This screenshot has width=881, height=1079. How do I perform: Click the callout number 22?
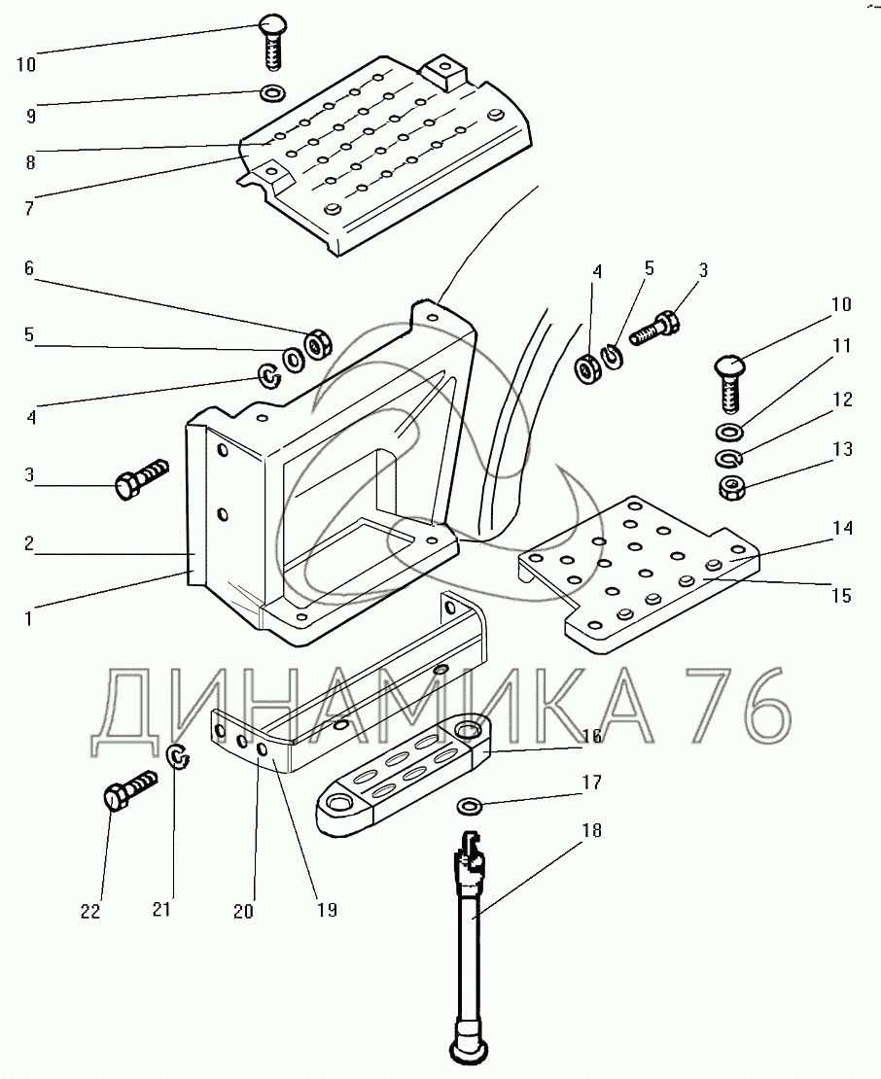coord(90,912)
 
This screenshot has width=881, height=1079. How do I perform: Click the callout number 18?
coord(592,830)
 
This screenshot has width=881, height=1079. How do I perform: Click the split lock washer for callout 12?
coord(728,458)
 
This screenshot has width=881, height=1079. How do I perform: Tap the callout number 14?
coord(842,528)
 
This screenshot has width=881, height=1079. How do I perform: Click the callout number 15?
coord(842,595)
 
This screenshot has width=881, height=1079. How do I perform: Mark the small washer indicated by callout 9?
coord(274,92)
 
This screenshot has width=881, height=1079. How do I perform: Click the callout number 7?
coord(29,208)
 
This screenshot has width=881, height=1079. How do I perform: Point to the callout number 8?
coord(30,162)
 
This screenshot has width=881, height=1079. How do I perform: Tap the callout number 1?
coord(28,618)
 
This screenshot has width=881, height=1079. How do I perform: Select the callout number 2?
coord(29,543)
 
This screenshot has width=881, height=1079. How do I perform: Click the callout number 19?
coord(327,910)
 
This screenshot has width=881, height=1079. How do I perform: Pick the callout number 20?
coord(244,912)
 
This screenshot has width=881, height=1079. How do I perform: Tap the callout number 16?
coord(592,736)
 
